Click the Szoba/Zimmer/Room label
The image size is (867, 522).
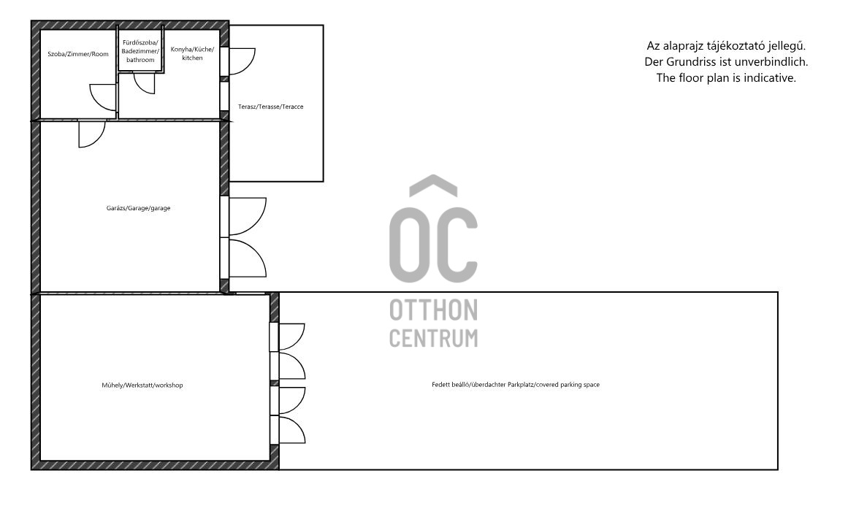(x=78, y=53)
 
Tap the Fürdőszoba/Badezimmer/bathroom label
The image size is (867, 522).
(x=140, y=51)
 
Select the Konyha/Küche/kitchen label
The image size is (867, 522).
(x=192, y=53)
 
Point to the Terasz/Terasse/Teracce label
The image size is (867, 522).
(x=271, y=107)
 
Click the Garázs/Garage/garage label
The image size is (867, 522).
(x=138, y=208)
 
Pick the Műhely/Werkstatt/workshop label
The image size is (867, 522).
(x=142, y=385)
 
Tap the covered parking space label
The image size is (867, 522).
(x=516, y=384)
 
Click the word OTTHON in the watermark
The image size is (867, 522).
(x=434, y=310)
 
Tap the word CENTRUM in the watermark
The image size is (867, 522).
(x=434, y=338)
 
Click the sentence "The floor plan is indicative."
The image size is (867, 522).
(x=726, y=78)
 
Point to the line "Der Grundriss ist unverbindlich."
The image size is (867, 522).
(x=726, y=62)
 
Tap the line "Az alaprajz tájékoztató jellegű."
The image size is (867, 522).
(x=726, y=46)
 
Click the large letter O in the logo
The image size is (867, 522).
(x=410, y=245)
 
